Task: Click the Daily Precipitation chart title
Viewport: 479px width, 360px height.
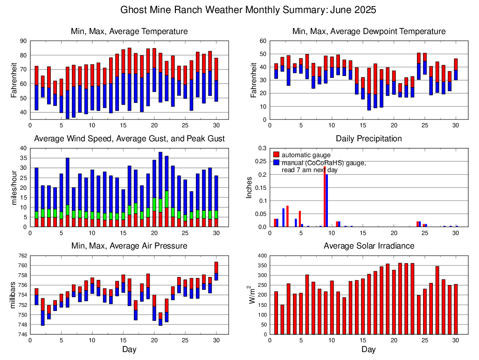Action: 368,138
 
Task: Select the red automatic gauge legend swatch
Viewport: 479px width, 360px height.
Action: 276,154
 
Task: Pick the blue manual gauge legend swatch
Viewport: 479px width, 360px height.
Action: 276,162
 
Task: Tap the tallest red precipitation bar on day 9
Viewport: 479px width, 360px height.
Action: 325,196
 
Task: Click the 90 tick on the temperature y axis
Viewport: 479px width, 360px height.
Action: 23,41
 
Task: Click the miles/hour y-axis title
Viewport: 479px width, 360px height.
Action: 14,187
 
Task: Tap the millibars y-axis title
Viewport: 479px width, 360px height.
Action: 14,295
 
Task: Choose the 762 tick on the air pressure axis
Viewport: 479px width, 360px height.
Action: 22,256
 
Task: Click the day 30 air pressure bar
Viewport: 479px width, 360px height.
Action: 216,271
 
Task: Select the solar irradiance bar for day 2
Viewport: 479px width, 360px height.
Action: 282,319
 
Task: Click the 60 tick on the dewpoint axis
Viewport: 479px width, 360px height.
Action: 263,41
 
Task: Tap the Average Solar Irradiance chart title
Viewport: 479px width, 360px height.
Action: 369,246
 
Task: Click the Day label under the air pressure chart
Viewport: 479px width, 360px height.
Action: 129,349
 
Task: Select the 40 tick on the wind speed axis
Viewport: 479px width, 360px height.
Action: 23,148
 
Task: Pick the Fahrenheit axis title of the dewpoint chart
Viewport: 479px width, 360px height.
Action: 254,80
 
